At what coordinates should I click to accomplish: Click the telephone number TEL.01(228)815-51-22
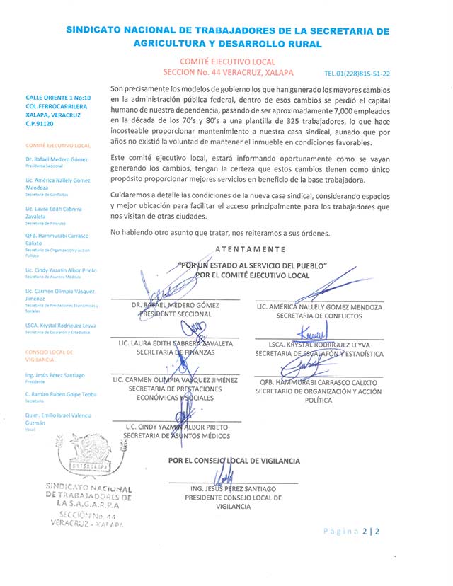pyautogui.click(x=357, y=74)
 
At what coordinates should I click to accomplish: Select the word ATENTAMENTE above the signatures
pyautogui.click(x=251, y=249)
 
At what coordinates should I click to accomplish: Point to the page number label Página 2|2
pyautogui.click(x=351, y=532)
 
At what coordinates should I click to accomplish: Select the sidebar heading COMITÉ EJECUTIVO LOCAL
pyautogui.click(x=58, y=145)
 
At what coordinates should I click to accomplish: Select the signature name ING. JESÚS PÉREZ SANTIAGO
pyautogui.click(x=234, y=489)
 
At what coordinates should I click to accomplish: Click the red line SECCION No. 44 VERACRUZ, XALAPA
pyautogui.click(x=228, y=73)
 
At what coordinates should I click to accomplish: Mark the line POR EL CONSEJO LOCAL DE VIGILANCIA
pyautogui.click(x=234, y=461)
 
